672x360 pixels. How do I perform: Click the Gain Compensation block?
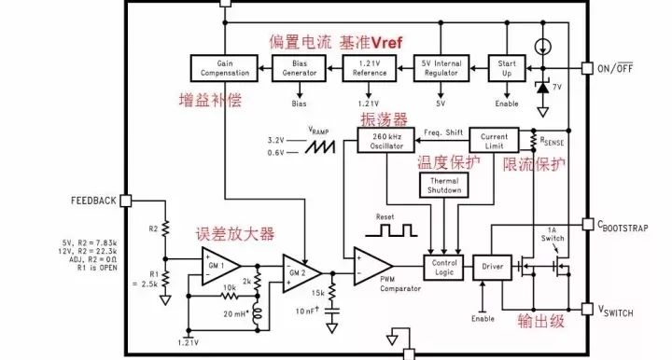pyautogui.click(x=221, y=67)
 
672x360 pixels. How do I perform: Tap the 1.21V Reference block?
pyautogui.click(x=370, y=67)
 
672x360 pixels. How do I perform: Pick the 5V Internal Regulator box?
pyautogui.click(x=441, y=67)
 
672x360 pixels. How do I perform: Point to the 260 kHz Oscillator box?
pyautogui.click(x=385, y=140)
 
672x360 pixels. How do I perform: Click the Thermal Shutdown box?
pyautogui.click(x=444, y=185)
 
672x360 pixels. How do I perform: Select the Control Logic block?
pyautogui.click(x=443, y=268)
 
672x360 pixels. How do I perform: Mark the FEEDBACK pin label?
pyautogui.click(x=92, y=201)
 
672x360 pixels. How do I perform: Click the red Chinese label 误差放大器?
pyautogui.click(x=234, y=234)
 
